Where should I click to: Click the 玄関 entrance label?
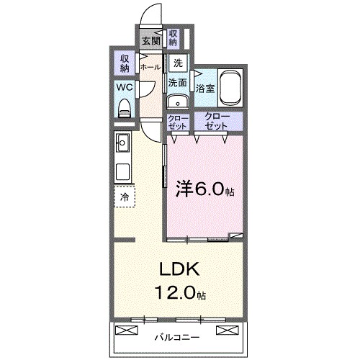[151, 41]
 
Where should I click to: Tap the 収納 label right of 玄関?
[174, 37]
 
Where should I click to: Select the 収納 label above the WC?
[125, 63]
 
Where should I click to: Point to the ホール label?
[150, 67]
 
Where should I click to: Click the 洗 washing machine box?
[177, 63]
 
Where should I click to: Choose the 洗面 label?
[178, 83]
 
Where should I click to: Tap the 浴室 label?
[204, 89]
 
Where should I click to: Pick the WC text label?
[125, 87]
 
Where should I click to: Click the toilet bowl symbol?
[125, 108]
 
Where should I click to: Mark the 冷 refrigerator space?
[125, 197]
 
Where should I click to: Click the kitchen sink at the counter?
[122, 143]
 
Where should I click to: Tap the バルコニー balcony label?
[178, 336]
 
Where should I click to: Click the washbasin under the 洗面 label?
[178, 101]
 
